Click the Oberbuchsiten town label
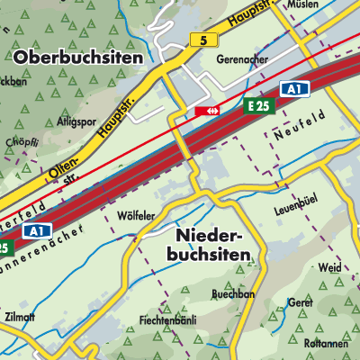pos(79,57)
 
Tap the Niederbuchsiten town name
pos(211,246)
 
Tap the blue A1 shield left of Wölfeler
pos(37,231)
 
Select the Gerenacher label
pos(242,59)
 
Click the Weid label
pos(330,268)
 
